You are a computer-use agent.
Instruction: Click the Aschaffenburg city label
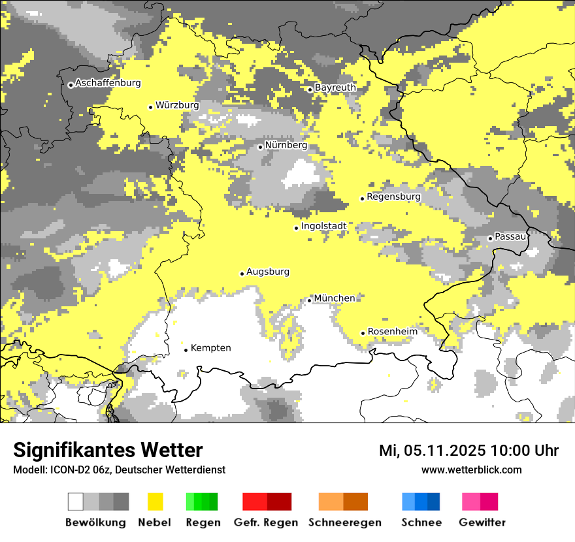click(x=108, y=83)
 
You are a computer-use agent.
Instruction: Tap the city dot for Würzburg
click(x=151, y=107)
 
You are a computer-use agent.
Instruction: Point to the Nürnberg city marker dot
click(x=260, y=147)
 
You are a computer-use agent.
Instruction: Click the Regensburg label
click(x=393, y=197)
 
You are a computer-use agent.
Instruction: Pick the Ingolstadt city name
click(x=323, y=226)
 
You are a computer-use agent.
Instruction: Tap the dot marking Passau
click(x=490, y=238)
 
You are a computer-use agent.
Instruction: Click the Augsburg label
click(x=268, y=272)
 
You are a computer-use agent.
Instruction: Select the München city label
click(x=335, y=298)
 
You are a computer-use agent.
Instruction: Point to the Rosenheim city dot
click(x=363, y=333)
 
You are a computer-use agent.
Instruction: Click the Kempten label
click(x=210, y=348)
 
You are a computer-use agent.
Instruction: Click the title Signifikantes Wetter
click(x=108, y=451)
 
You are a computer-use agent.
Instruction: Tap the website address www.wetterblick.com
click(x=471, y=470)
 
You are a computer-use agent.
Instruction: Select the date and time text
click(x=468, y=451)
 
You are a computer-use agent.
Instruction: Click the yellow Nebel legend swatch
click(x=156, y=502)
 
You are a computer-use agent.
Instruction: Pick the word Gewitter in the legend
click(x=482, y=522)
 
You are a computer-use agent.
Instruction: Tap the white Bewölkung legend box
click(x=76, y=502)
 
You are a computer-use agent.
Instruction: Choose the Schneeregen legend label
click(x=345, y=522)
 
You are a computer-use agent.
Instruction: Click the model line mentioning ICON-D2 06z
click(x=119, y=470)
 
